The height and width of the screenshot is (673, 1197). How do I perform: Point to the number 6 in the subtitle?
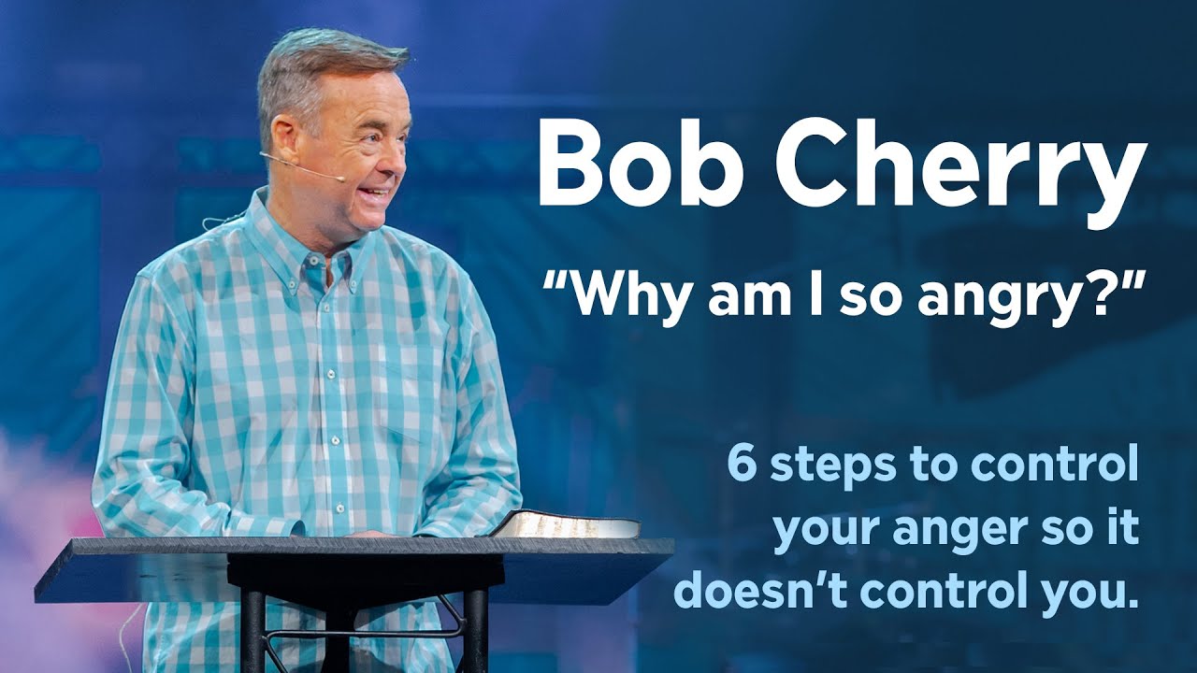pyautogui.click(x=743, y=465)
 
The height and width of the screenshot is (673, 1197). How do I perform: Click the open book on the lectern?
pyautogui.click(x=566, y=524)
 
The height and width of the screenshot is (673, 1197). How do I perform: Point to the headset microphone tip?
pyautogui.click(x=340, y=178)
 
